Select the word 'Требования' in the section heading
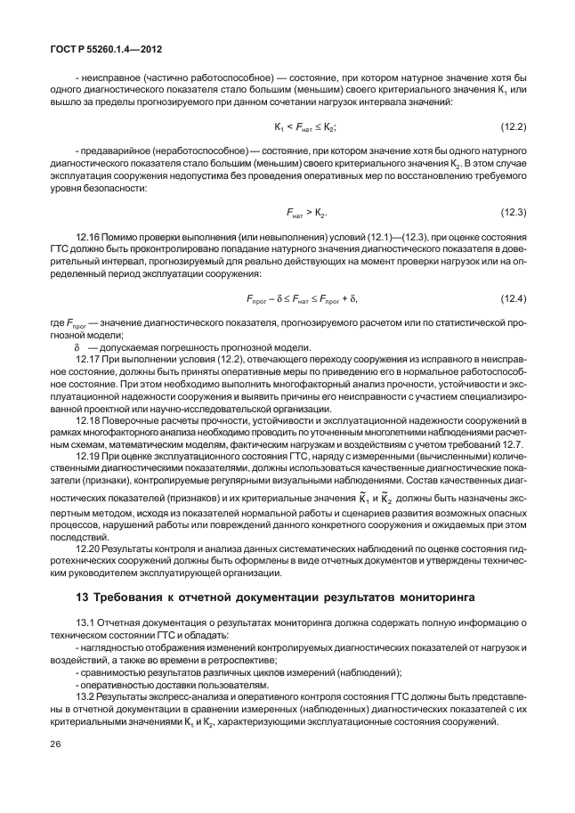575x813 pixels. (111, 594)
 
